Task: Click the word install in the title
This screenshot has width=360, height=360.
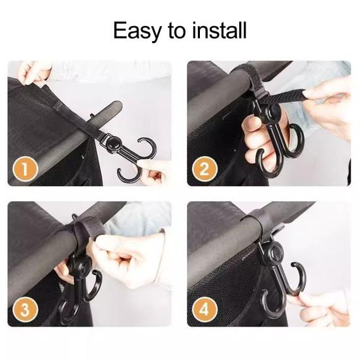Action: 220,30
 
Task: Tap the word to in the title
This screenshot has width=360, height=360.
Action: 177,31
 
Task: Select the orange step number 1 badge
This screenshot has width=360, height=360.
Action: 25,169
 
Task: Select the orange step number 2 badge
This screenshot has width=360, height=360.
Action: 205,169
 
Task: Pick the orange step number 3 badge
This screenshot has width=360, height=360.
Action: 25,309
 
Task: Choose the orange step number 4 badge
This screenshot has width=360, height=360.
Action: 205,309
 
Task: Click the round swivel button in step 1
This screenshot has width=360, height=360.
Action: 113,143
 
